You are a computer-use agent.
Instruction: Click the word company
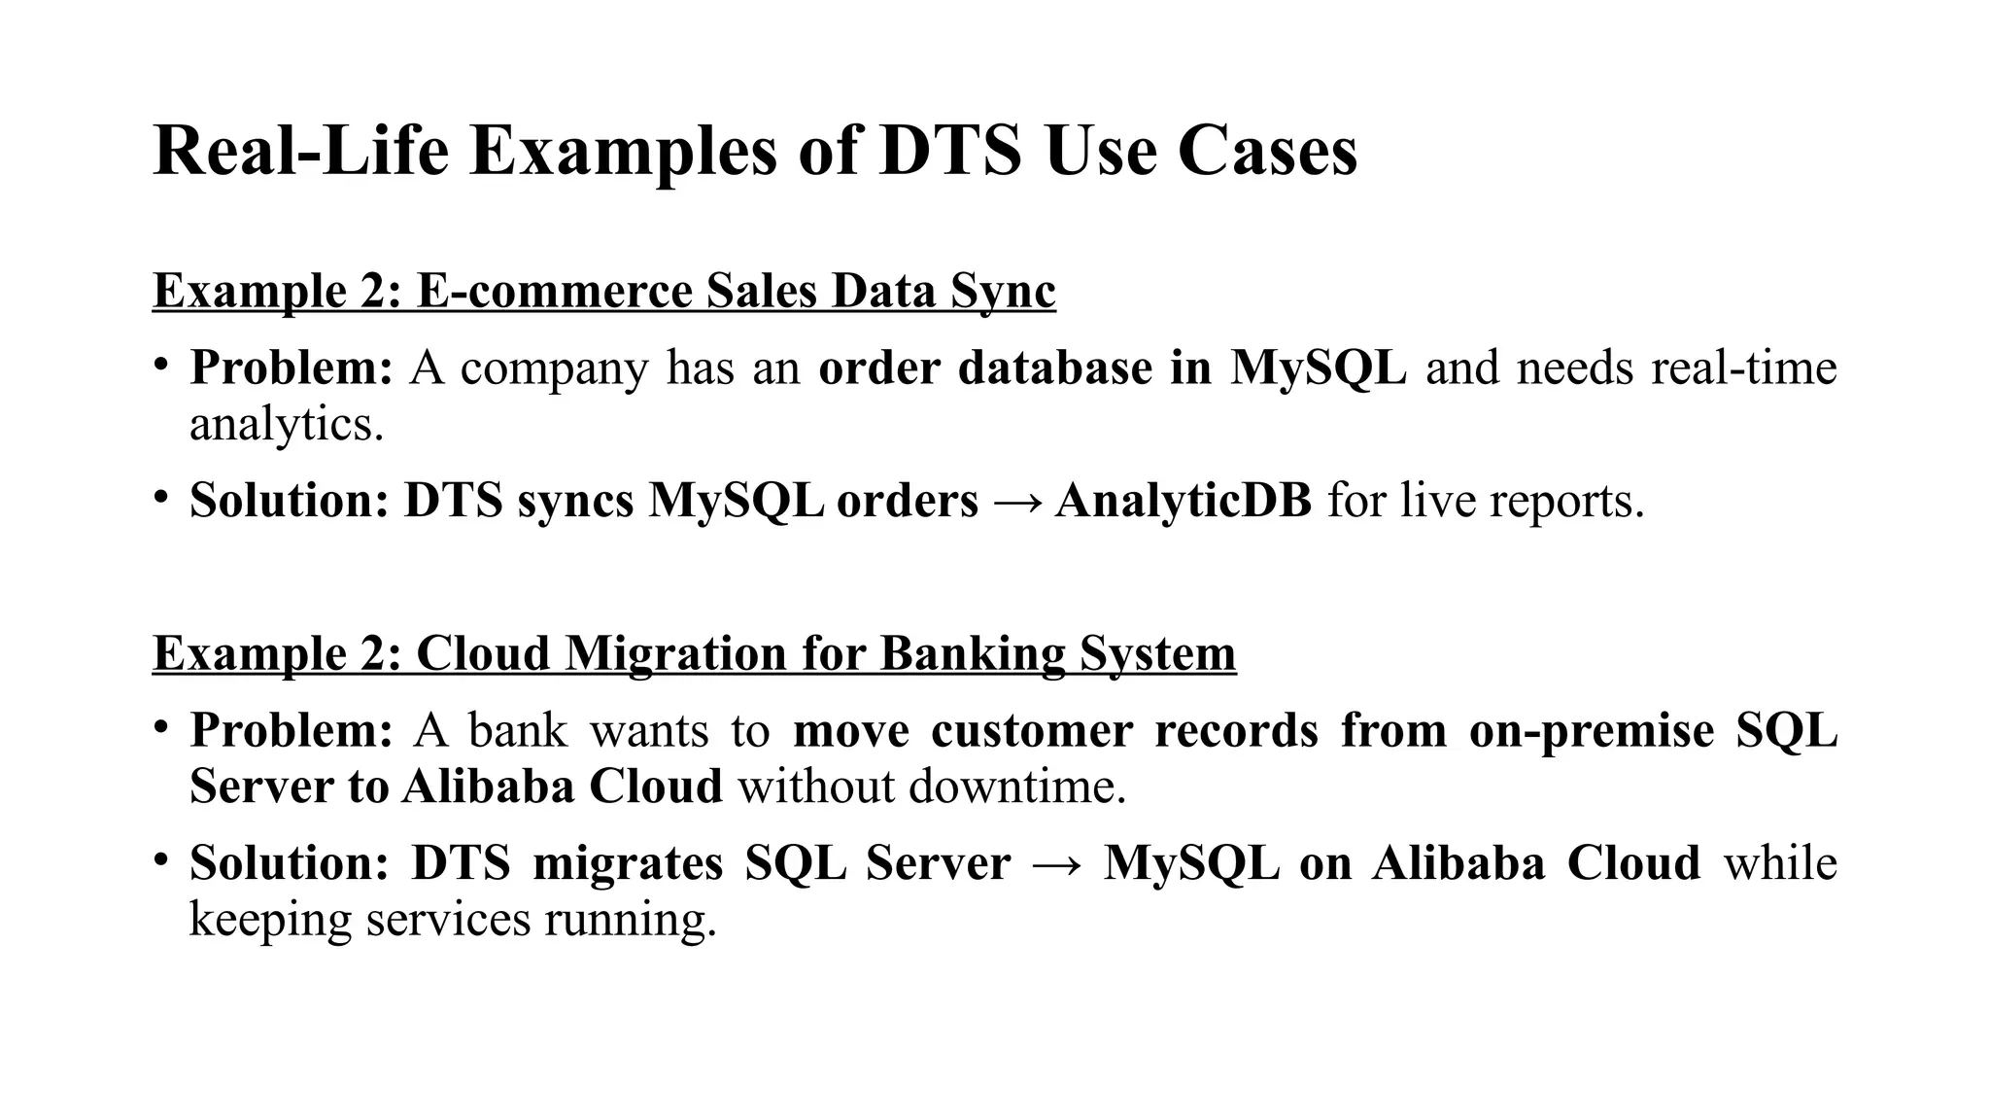pyautogui.click(x=553, y=369)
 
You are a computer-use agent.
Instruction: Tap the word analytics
pyautogui.click(x=286, y=425)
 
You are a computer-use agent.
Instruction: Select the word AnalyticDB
pyautogui.click(x=1183, y=502)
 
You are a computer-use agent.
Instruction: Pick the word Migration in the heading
pyautogui.click(x=676, y=653)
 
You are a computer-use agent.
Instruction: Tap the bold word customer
pyautogui.click(x=1031, y=730)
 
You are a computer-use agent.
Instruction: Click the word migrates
pyautogui.click(x=628, y=863)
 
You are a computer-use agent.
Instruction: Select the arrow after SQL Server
pyautogui.click(x=1057, y=864)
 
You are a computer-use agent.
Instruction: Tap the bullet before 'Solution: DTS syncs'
pyautogui.click(x=160, y=497)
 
